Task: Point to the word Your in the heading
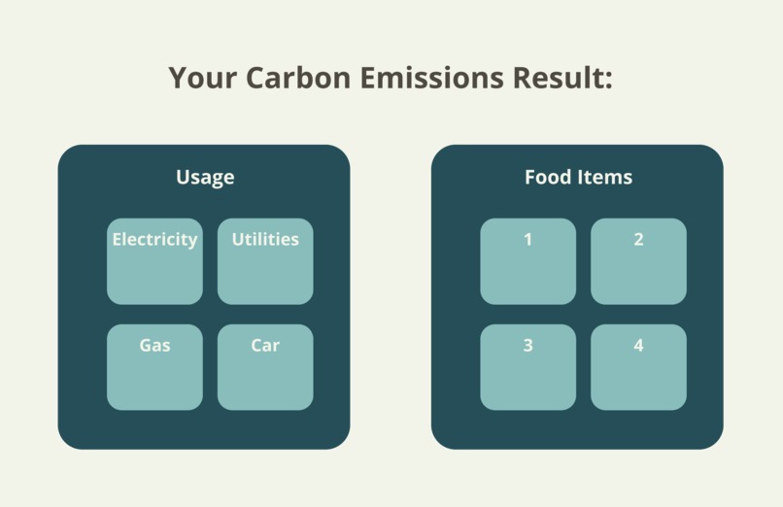point(203,78)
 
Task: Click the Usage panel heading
point(205,178)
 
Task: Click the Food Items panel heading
point(578,178)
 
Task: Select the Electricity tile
point(154,262)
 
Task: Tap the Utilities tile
point(265,262)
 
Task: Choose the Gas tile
point(154,367)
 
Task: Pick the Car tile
point(265,367)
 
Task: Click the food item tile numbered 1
point(528,262)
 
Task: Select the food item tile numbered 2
point(638,262)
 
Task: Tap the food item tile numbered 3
point(528,367)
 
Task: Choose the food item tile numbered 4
point(638,367)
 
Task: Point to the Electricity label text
point(154,240)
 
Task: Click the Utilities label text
point(265,240)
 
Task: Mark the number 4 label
point(638,346)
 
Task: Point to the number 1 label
point(528,240)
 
